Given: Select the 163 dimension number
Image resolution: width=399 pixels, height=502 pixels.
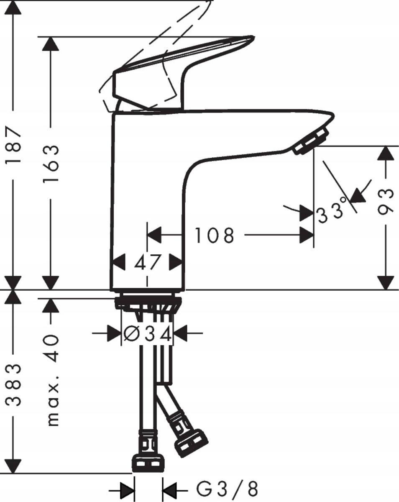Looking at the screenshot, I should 51,163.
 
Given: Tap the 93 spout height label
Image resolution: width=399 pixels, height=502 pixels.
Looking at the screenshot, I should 386,201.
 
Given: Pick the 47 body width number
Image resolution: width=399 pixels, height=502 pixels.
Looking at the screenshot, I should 148,263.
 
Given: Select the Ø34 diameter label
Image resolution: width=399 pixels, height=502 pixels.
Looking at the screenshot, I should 148,333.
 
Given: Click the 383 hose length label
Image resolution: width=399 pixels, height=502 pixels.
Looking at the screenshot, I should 14,385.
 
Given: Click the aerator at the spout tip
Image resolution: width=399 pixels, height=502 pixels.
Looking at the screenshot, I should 311,143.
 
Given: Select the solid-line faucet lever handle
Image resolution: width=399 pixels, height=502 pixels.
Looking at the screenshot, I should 184,71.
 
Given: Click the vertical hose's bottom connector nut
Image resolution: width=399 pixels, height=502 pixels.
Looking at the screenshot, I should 148,463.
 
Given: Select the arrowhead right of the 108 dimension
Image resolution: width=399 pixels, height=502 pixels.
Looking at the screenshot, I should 307,236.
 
